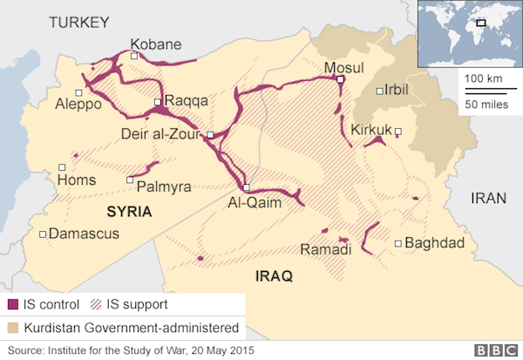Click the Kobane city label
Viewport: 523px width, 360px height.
click(x=157, y=44)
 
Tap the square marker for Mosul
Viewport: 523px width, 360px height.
click(x=340, y=79)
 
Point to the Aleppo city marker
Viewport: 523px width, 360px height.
click(x=79, y=92)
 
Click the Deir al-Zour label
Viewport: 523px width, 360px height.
click(x=161, y=134)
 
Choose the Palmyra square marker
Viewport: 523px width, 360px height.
click(x=130, y=180)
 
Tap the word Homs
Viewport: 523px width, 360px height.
click(x=76, y=180)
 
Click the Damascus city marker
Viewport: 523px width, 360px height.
click(x=44, y=234)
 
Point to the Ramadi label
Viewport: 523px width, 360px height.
click(x=325, y=250)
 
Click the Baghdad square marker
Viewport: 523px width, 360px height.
click(x=397, y=244)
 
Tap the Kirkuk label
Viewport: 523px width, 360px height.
click(x=370, y=131)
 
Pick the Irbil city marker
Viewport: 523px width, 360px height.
click(x=378, y=91)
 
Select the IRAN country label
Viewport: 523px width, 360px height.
click(x=488, y=198)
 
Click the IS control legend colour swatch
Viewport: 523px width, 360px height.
click(x=13, y=306)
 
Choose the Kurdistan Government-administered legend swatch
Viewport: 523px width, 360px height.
click(x=13, y=328)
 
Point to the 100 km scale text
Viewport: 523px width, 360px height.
click(x=483, y=78)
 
